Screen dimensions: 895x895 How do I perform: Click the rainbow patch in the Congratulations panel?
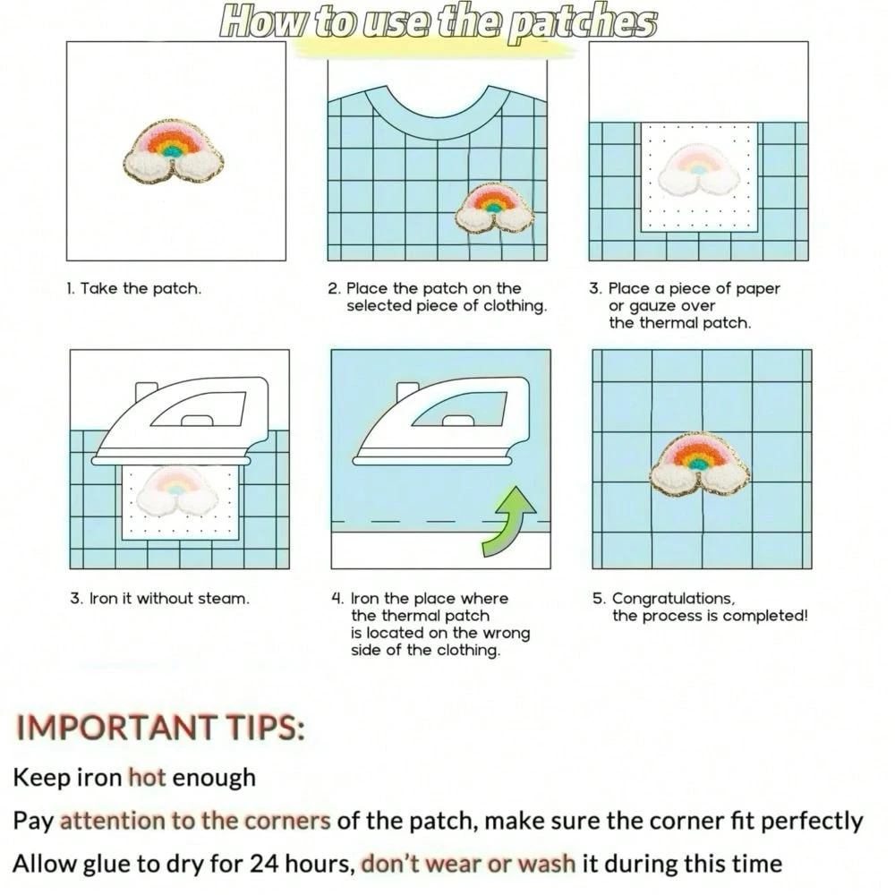click(x=700, y=465)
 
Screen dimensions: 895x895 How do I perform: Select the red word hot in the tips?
click(x=148, y=778)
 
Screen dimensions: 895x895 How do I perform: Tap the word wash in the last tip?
click(x=546, y=864)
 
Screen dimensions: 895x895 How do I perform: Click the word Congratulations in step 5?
click(x=673, y=599)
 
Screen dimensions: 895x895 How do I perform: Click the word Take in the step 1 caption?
click(x=99, y=289)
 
